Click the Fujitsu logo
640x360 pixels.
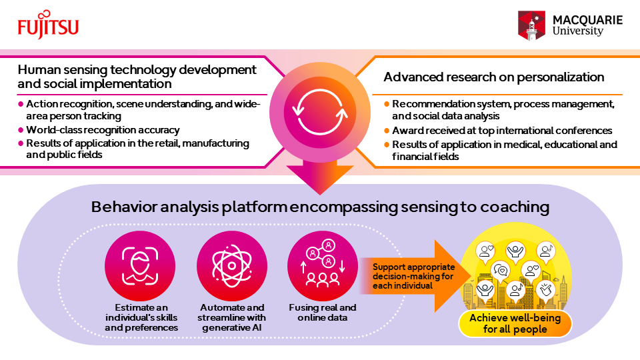click(x=48, y=25)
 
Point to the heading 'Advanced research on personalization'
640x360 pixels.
click(x=493, y=77)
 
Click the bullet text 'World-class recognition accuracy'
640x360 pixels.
click(x=102, y=130)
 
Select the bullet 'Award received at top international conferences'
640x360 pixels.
click(x=502, y=131)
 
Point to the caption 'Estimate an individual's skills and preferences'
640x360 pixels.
click(x=141, y=317)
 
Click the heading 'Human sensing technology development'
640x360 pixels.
click(x=137, y=69)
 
